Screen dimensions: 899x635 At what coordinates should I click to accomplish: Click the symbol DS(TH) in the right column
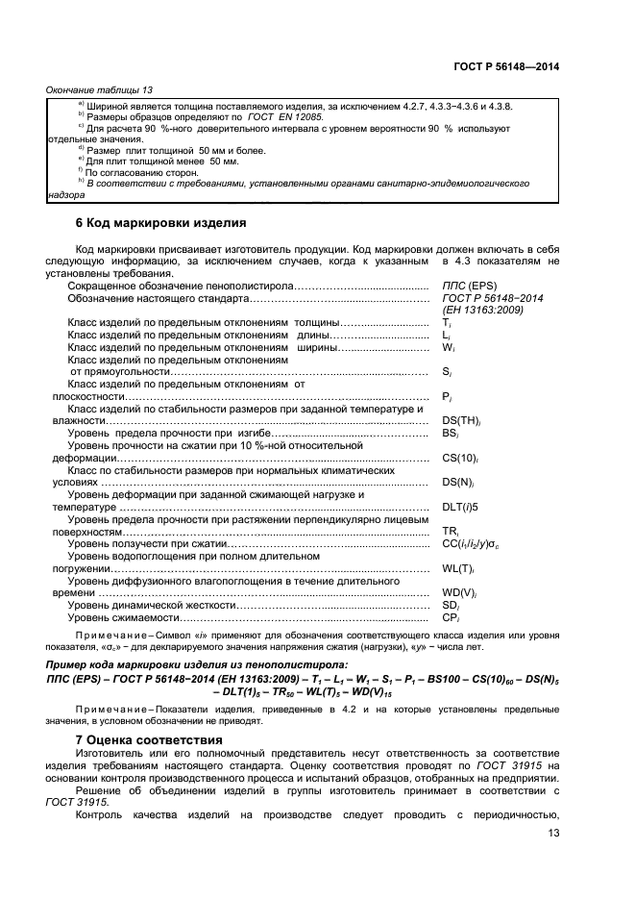tap(461, 421)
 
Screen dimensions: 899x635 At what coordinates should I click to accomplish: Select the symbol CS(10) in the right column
tap(461, 459)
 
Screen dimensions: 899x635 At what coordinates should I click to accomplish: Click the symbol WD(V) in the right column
tap(460, 593)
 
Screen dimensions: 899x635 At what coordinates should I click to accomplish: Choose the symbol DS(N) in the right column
tap(460, 483)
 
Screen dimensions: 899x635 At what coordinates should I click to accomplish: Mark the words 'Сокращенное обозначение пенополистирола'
tap(178, 287)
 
